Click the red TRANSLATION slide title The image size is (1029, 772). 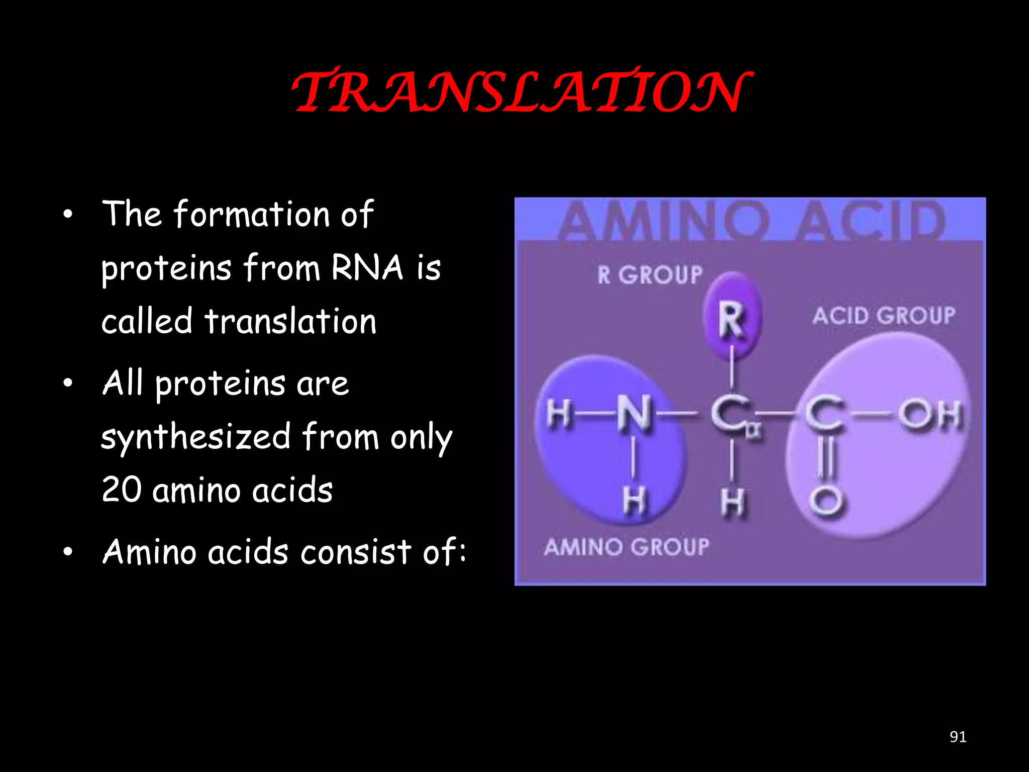(521, 91)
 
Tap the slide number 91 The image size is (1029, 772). (958, 737)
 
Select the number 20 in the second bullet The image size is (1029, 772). (121, 490)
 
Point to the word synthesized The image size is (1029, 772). (196, 437)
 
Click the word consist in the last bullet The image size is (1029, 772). (356, 552)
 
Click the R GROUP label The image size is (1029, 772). (650, 275)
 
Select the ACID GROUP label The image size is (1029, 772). (883, 316)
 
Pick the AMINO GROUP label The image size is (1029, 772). (626, 547)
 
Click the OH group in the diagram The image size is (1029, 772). (931, 415)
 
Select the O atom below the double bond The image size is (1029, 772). (825, 501)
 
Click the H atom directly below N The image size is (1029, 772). (634, 501)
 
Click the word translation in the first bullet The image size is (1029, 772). (290, 322)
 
